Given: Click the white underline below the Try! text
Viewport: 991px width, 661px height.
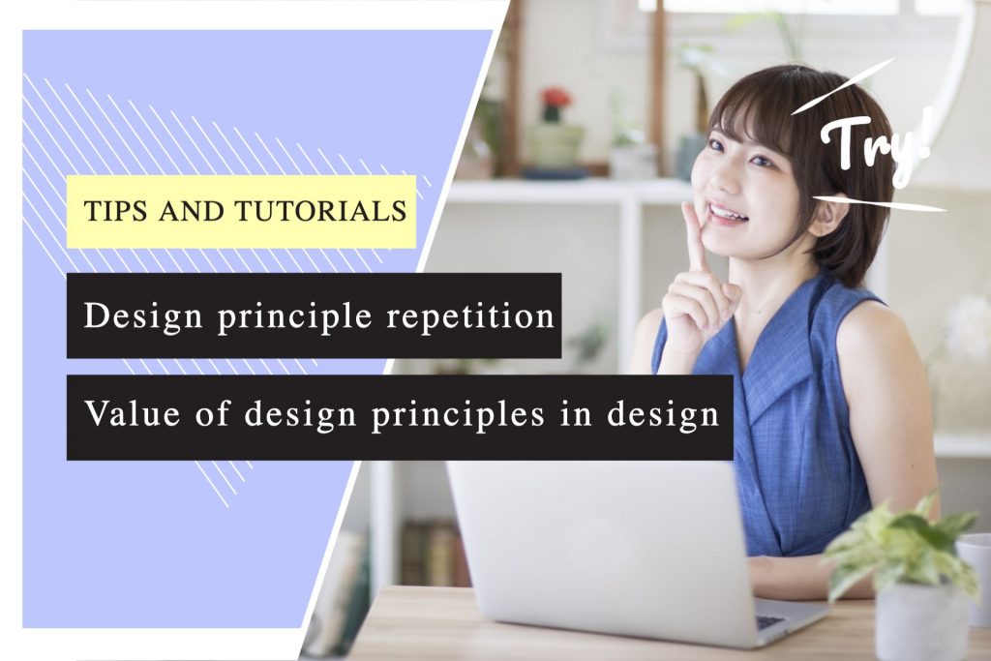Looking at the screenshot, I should pos(876,203).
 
